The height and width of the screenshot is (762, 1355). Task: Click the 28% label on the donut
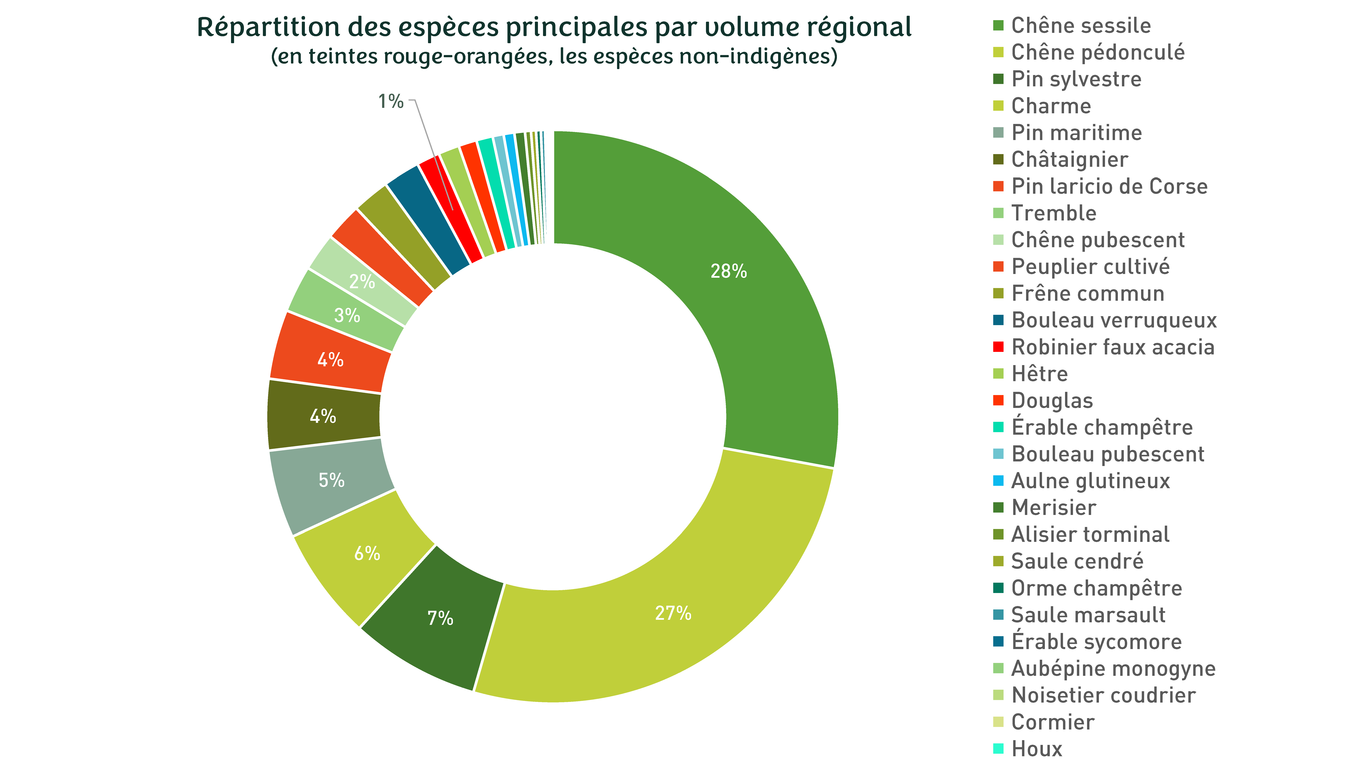[728, 271]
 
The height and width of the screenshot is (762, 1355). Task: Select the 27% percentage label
[673, 613]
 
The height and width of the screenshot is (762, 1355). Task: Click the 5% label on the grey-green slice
[331, 480]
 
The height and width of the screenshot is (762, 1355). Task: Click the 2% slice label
[362, 282]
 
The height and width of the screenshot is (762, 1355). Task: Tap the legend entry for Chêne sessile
[1081, 25]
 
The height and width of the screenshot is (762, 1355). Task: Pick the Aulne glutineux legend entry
[1090, 481]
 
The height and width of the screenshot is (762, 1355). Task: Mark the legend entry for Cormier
[1052, 722]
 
